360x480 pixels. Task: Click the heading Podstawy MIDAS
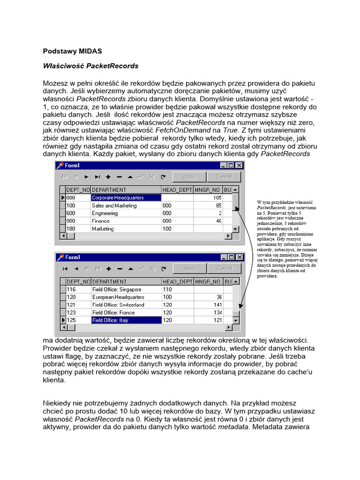[72, 51]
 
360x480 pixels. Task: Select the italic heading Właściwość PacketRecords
[91, 66]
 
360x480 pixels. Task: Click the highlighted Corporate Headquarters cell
[118, 198]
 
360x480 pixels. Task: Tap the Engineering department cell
[105, 213]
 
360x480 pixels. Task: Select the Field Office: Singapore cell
[116, 290]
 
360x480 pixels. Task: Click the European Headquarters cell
[118, 297]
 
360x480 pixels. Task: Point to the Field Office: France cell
[113, 313]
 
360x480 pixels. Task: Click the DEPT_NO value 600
[71, 213]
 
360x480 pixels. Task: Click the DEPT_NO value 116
[71, 290]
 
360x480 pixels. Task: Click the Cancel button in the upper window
[224, 177]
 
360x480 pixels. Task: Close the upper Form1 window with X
[239, 165]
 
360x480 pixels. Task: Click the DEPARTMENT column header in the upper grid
[109, 190]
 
